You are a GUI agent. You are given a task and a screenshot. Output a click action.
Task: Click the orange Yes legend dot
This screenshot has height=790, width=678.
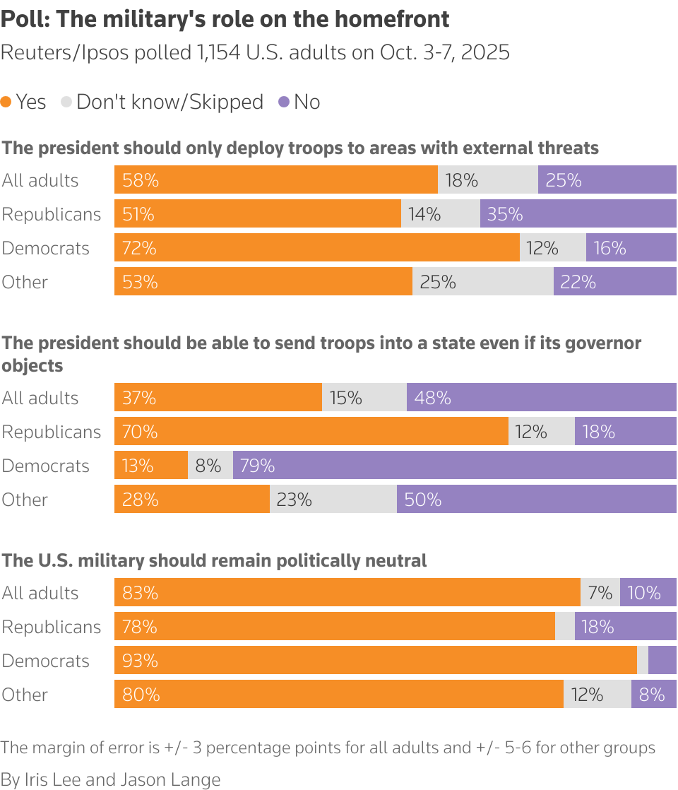(6, 102)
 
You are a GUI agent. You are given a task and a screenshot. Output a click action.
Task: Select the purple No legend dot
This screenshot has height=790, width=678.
(284, 102)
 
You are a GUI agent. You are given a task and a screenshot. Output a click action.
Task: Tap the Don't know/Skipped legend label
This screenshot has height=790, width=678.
(169, 102)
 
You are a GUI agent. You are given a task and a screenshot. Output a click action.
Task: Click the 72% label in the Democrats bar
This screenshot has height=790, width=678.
(139, 248)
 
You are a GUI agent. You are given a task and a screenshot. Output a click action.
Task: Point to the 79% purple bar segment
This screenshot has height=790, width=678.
(454, 466)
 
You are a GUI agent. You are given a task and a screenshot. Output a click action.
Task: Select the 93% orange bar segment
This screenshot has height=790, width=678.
(375, 661)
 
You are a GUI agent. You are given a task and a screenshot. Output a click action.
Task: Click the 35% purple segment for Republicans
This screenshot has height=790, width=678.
(578, 214)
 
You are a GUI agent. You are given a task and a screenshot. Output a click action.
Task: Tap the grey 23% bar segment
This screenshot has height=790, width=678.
(333, 500)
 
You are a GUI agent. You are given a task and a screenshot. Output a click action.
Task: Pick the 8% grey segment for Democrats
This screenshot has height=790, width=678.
(210, 466)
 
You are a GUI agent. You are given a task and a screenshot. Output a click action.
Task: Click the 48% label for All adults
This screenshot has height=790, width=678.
(432, 398)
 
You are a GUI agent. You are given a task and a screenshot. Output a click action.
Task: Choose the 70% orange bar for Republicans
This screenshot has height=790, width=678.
(311, 432)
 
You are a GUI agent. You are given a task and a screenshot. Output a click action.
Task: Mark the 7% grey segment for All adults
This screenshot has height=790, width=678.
(600, 593)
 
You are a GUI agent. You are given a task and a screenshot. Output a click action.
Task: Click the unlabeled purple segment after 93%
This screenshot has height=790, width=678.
(662, 661)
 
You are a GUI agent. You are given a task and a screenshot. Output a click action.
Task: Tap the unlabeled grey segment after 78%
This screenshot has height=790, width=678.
(564, 627)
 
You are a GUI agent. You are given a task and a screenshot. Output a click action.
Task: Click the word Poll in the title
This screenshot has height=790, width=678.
(24, 19)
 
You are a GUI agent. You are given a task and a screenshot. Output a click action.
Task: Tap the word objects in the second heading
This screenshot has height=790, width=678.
(32, 365)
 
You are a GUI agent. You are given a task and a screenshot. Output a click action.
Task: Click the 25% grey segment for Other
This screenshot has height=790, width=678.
(482, 282)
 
